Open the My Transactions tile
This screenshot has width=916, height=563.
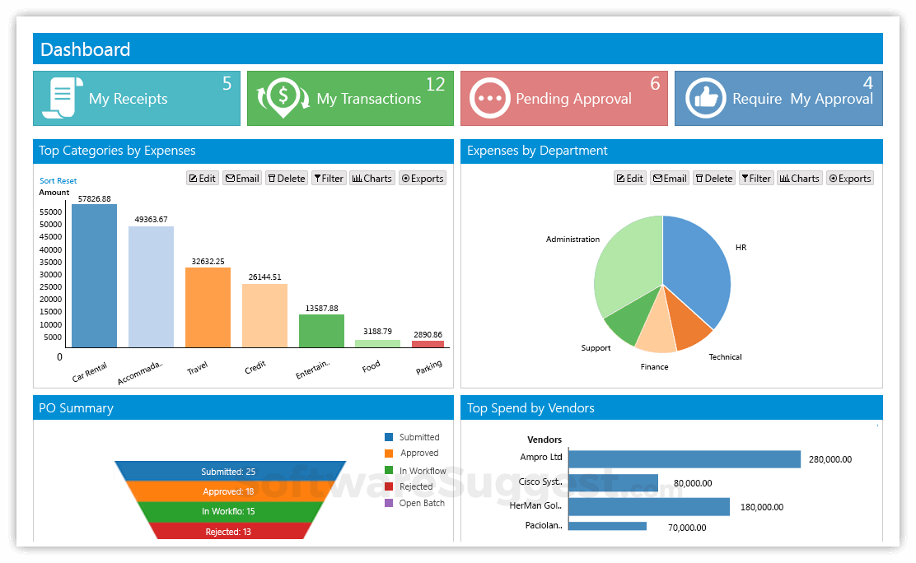tap(350, 99)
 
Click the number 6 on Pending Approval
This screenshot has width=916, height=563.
tap(655, 84)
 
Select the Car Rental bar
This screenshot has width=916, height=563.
tap(94, 276)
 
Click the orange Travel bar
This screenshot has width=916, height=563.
tap(208, 307)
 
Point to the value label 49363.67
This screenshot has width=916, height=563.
tap(151, 220)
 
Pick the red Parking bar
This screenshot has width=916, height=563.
tap(428, 343)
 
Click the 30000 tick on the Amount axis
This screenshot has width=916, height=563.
tap(51, 274)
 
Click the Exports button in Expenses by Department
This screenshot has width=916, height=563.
tap(849, 179)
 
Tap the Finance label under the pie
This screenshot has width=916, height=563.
tap(654, 367)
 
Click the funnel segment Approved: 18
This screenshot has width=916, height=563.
tap(228, 491)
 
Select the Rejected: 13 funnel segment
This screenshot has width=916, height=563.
tap(228, 532)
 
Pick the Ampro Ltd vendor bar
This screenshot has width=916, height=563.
tap(684, 459)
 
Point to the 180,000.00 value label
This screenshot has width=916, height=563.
tap(761, 507)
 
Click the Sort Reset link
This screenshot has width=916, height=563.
tap(58, 181)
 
